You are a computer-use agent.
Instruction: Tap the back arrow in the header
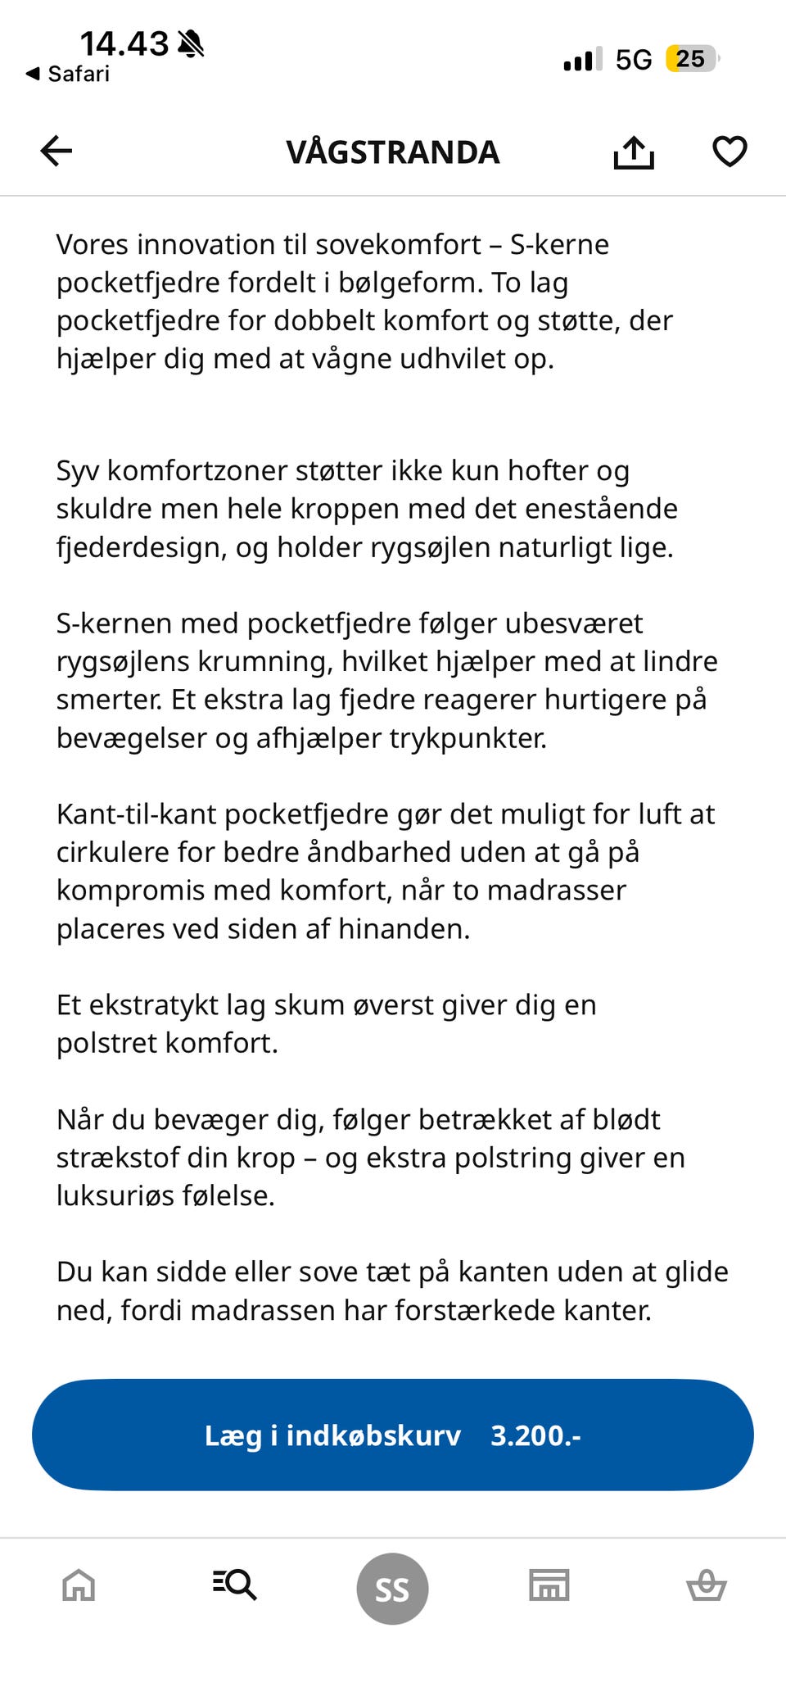tap(56, 152)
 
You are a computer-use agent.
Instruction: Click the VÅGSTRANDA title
tap(392, 152)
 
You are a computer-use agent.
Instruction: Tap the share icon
tap(634, 152)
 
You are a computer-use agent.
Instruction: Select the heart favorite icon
tap(729, 152)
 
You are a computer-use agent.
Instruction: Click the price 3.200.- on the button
tap(535, 1435)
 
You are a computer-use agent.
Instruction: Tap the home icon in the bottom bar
tap(79, 1585)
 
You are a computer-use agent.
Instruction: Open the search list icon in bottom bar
tap(235, 1585)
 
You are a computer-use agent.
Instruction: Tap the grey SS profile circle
tap(392, 1589)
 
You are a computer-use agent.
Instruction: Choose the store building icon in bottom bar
tap(549, 1585)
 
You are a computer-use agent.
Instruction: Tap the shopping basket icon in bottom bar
tap(706, 1585)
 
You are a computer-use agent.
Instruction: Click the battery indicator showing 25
tap(692, 59)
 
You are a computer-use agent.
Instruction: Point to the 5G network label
tap(634, 60)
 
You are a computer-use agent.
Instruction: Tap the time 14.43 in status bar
tap(124, 43)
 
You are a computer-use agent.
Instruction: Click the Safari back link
tap(69, 74)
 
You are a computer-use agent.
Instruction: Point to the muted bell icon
tap(191, 43)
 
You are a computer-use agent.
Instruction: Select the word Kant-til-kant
tap(136, 814)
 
